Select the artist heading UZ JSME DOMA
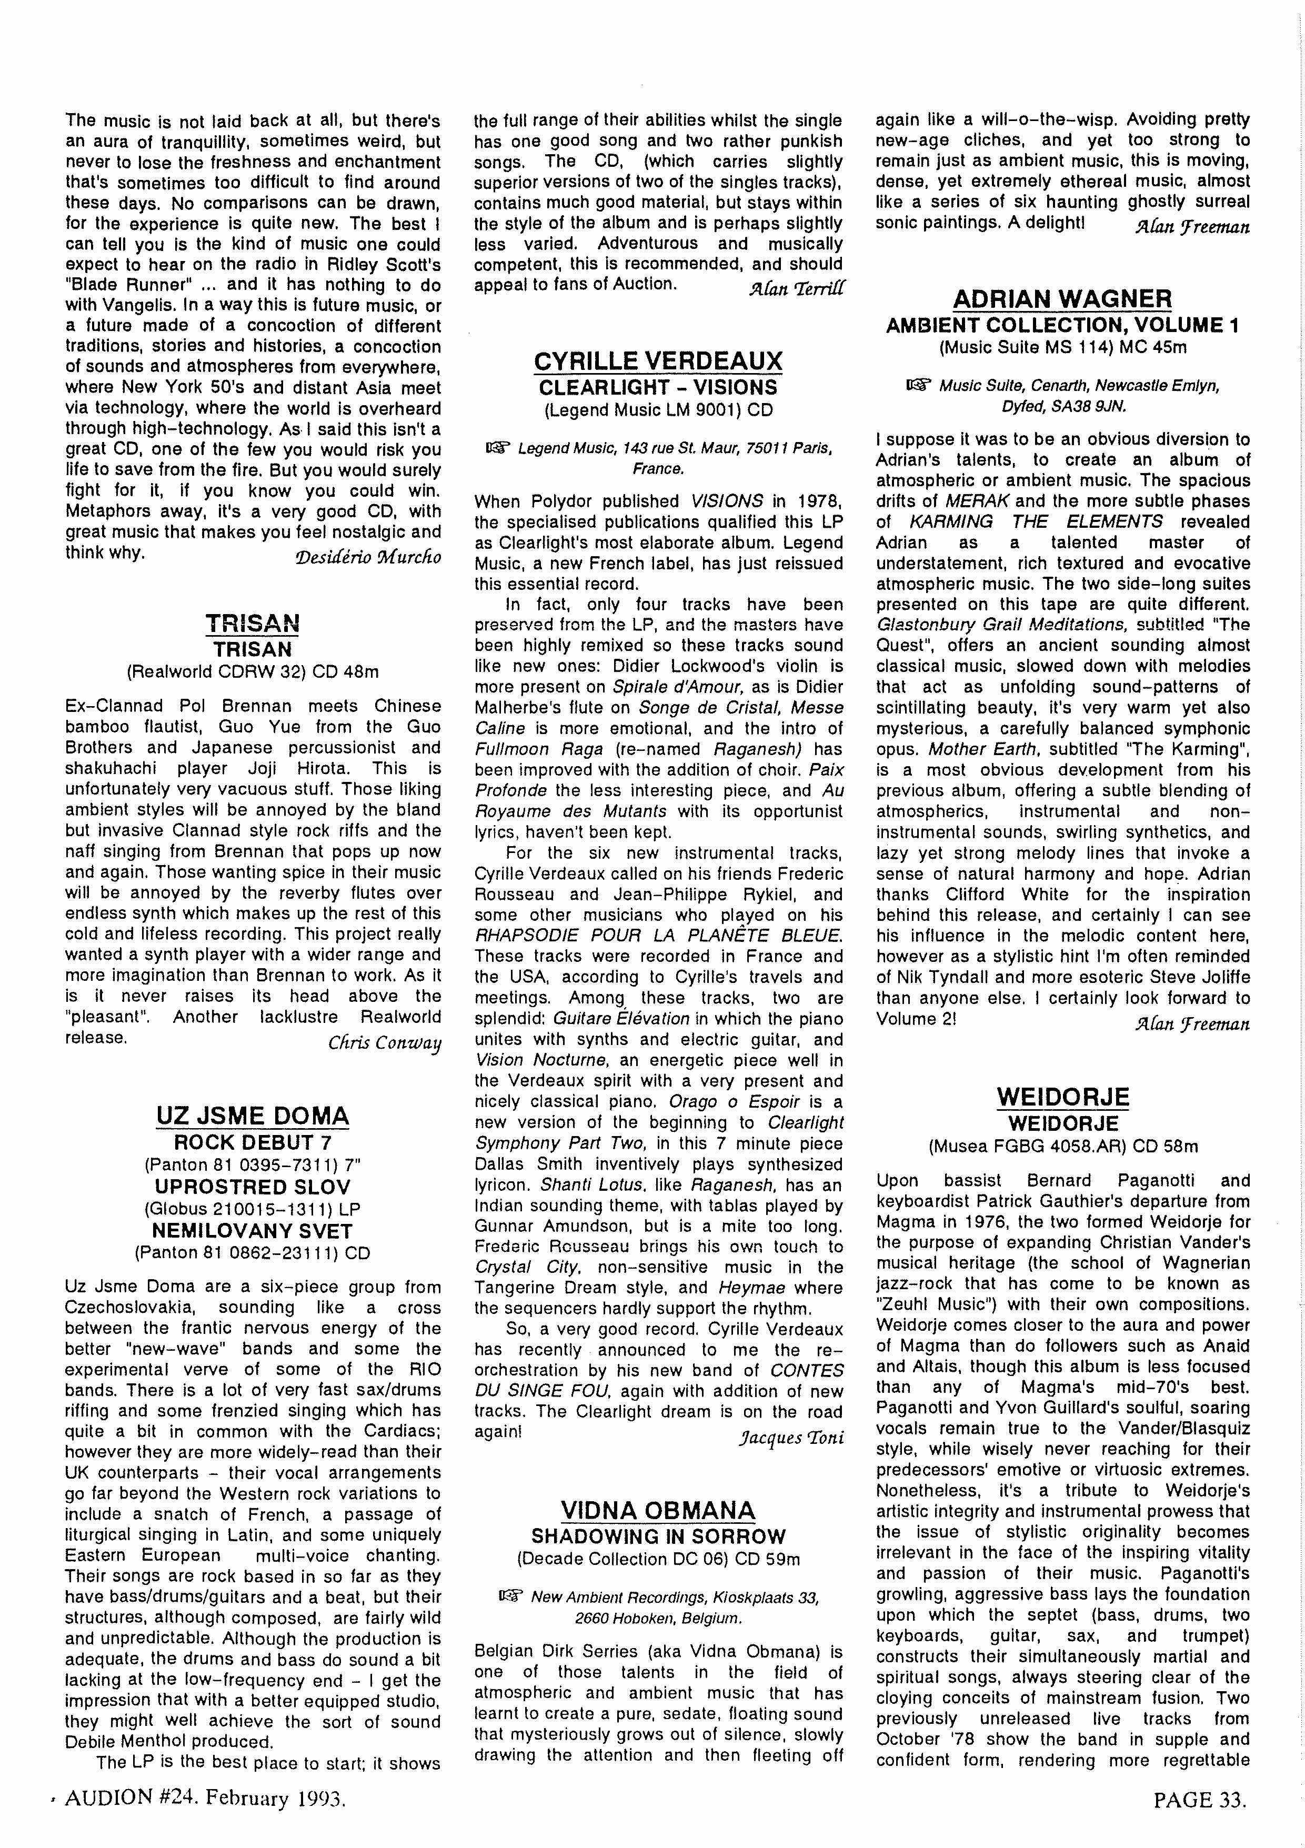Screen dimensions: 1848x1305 253,1116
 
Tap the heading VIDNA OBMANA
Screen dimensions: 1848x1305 658,1510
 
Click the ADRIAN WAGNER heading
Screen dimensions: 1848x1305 1062,299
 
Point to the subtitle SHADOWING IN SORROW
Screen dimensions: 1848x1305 658,1536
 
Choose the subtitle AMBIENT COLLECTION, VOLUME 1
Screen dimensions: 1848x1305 1062,325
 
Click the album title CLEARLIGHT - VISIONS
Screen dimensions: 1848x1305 658,387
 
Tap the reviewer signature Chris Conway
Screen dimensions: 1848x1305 384,1043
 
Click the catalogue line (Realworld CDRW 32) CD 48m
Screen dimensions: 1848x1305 253,671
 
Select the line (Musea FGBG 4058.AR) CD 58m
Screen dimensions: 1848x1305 1062,1146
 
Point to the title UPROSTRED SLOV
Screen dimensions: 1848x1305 253,1187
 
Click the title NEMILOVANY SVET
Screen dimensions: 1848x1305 253,1231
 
